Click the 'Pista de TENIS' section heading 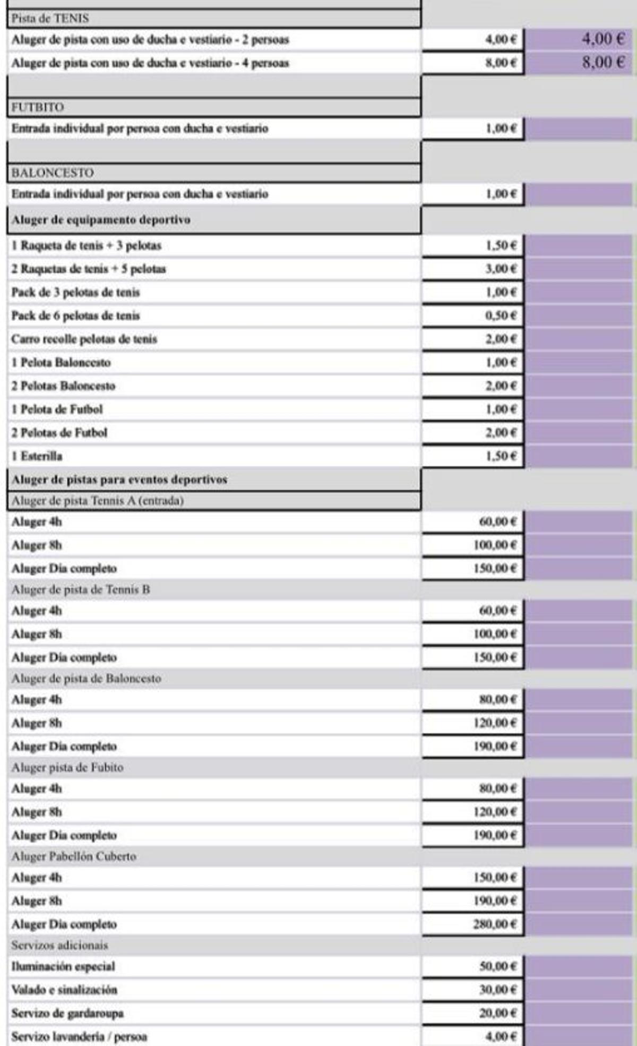[50, 19]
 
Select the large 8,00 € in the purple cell [603, 62]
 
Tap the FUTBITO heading [38, 107]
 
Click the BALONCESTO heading [53, 173]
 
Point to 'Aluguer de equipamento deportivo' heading [101, 219]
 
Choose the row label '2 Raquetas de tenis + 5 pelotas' [89, 269]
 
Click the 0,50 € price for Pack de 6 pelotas [501, 316]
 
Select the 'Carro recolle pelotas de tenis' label [84, 339]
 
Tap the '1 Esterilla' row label [37, 456]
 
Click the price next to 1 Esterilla [501, 456]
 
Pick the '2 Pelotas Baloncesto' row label [63, 386]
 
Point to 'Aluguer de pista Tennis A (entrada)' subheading [98, 501]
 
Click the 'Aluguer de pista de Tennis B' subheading [81, 589]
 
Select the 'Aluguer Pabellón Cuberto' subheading [74, 856]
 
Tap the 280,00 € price [495, 924]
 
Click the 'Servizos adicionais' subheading [59, 945]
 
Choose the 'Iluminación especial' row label [63, 966]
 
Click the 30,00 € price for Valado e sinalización [497, 990]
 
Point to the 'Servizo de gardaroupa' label [67, 1013]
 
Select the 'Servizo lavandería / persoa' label [79, 1036]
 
